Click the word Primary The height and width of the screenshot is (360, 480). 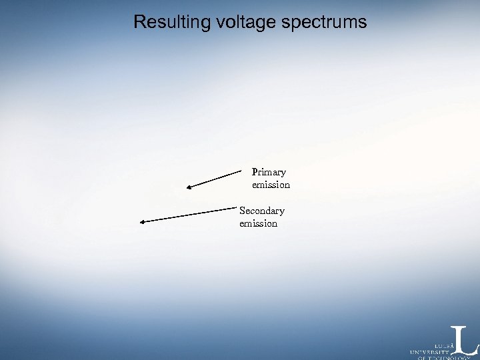(x=269, y=172)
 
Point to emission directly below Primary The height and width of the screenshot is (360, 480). (x=271, y=185)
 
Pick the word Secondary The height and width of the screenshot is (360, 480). (x=261, y=211)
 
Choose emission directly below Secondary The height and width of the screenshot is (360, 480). (x=258, y=223)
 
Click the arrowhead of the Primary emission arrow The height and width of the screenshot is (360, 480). (x=189, y=189)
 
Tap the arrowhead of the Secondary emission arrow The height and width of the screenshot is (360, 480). (x=142, y=221)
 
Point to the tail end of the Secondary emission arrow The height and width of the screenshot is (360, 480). (x=237, y=209)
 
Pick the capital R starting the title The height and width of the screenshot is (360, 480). (x=139, y=22)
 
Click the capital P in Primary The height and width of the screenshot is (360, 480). (x=255, y=172)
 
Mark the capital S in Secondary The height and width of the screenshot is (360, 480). (x=243, y=211)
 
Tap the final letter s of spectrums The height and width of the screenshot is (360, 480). (x=363, y=23)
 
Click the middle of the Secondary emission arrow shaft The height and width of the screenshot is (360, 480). (x=189, y=215)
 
